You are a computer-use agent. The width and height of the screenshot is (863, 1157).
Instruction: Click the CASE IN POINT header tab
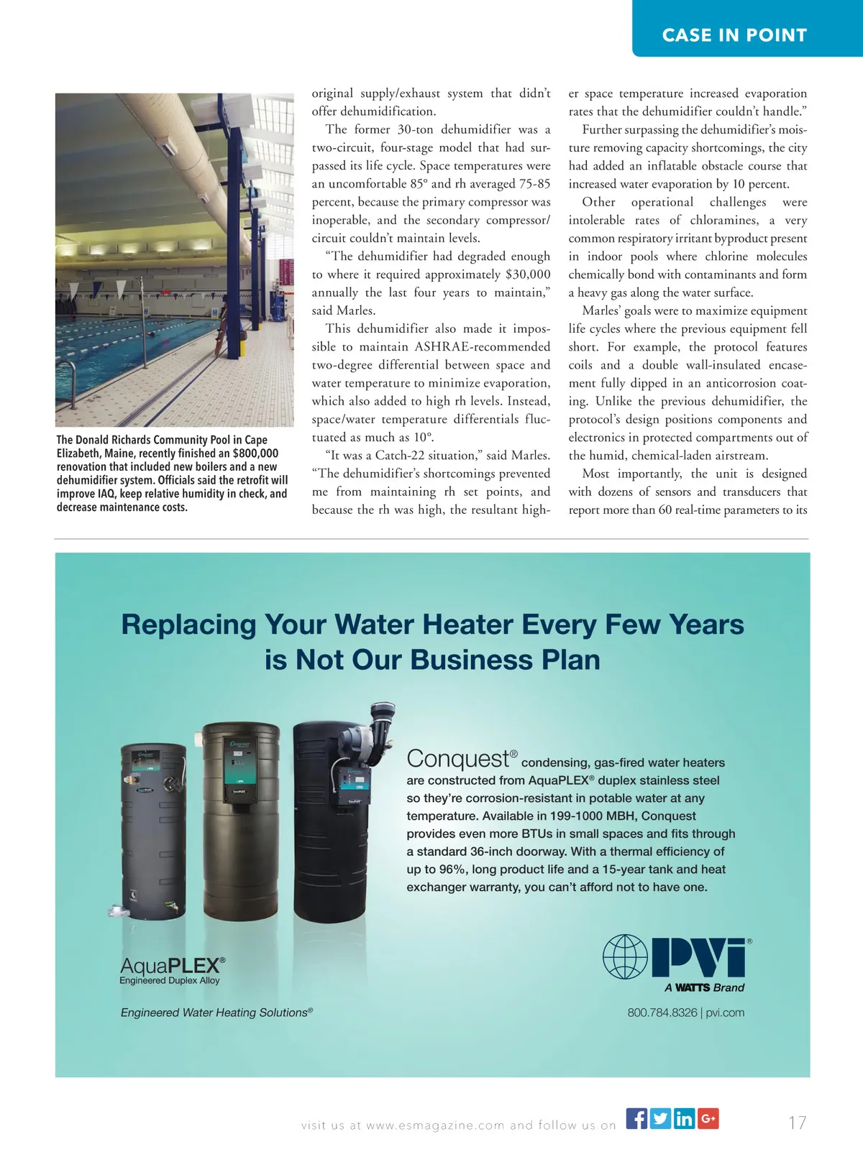click(734, 35)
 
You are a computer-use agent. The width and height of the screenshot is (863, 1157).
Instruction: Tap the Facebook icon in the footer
click(636, 1119)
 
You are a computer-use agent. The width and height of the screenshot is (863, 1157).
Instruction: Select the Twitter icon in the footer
click(660, 1119)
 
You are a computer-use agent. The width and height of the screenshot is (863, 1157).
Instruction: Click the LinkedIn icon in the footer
click(684, 1119)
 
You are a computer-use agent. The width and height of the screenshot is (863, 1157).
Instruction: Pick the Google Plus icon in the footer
click(708, 1119)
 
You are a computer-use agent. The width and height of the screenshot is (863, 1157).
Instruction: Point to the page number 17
click(797, 1123)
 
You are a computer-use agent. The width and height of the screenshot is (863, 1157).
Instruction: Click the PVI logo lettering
click(698, 957)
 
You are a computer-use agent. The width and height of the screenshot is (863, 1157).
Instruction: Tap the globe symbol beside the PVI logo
click(625, 957)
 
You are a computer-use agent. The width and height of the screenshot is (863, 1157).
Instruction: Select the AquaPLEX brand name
click(173, 965)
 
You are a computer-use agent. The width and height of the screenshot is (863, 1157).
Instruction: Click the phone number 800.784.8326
click(662, 1013)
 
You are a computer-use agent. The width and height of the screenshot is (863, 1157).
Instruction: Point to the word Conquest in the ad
click(457, 759)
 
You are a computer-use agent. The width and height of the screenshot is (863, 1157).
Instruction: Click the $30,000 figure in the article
click(528, 275)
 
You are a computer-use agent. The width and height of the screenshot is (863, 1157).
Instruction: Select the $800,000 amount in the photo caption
click(255, 453)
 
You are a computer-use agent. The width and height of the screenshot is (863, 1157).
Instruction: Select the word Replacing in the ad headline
click(188, 624)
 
